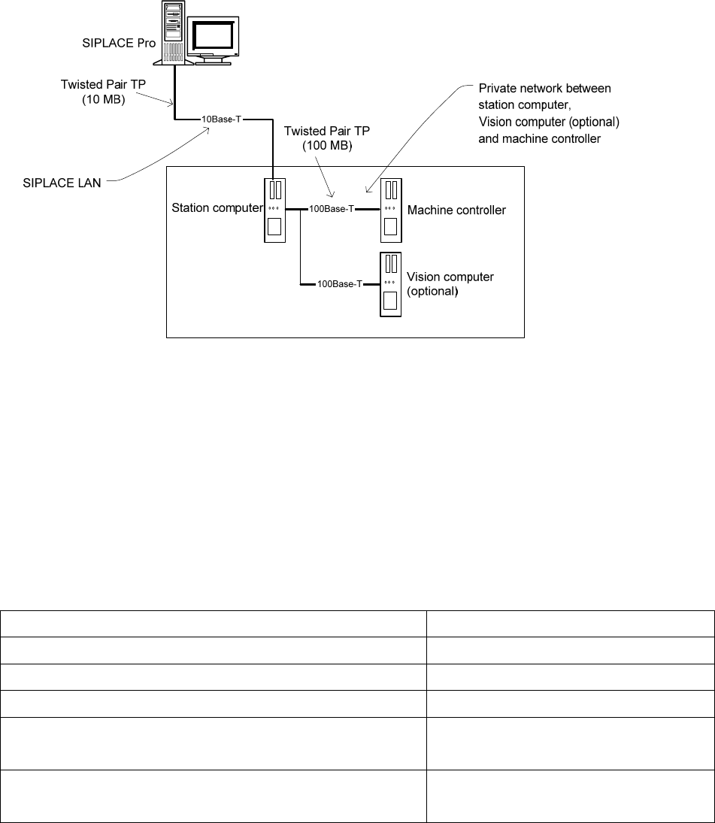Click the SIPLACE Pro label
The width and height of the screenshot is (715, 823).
click(x=119, y=43)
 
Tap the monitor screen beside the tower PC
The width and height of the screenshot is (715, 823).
click(x=213, y=36)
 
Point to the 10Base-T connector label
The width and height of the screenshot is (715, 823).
click(x=222, y=120)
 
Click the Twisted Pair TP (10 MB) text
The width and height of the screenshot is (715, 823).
click(x=104, y=92)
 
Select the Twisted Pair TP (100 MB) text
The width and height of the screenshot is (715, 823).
click(x=327, y=138)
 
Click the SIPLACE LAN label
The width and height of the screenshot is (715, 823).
click(x=62, y=183)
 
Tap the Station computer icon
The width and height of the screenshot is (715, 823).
click(x=274, y=210)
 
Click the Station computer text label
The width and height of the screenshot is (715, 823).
click(x=217, y=208)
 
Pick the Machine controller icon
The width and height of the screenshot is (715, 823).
click(x=391, y=210)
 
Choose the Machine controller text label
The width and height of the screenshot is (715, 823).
click(x=456, y=210)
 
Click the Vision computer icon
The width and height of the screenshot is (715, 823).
click(x=390, y=285)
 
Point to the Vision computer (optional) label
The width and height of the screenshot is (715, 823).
click(x=450, y=284)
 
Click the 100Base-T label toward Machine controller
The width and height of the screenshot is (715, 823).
click(x=332, y=209)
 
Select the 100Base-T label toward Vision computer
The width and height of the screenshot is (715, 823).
click(x=340, y=284)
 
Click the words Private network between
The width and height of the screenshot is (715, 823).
click(x=545, y=88)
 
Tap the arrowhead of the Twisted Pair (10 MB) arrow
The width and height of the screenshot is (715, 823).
click(x=171, y=104)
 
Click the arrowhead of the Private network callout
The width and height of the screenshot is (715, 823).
click(x=368, y=190)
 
